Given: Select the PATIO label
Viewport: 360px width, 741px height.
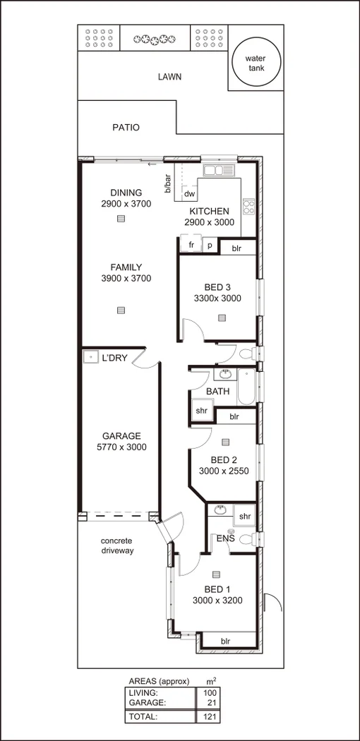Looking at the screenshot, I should tap(126, 128).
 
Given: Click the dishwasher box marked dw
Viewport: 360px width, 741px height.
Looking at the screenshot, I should tap(188, 194).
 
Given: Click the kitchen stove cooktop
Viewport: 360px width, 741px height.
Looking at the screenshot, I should tap(248, 206).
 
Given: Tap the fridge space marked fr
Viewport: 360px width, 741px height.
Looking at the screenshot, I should tap(191, 245).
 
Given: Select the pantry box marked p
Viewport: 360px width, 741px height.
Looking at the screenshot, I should tap(210, 246).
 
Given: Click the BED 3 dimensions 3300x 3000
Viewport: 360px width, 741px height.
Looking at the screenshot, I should tap(217, 299).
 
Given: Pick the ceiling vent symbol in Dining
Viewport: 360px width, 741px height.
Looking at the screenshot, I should tap(121, 219).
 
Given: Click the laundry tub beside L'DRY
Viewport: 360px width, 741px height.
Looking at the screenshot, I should tap(90, 357).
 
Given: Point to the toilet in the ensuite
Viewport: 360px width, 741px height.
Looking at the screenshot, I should tap(247, 540).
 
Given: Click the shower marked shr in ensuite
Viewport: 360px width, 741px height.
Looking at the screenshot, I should tap(244, 517).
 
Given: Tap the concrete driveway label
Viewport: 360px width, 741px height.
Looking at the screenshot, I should tap(116, 546).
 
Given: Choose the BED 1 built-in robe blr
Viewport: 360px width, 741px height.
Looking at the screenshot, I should tap(225, 641).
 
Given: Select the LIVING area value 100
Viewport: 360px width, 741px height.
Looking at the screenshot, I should tap(210, 693).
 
